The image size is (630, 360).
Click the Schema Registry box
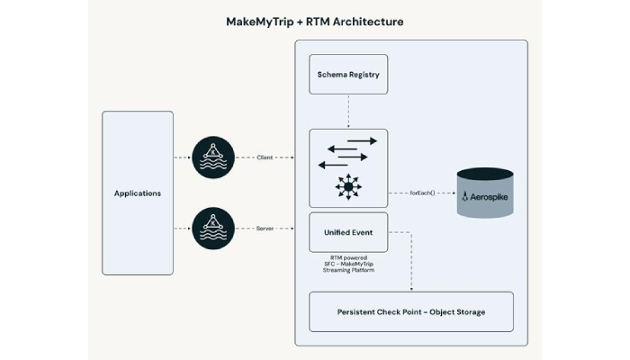[348, 74]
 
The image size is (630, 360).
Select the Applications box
[137, 193]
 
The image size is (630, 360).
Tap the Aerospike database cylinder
[485, 192]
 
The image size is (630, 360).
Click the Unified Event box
[348, 231]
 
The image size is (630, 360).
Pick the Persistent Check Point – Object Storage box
[411, 310]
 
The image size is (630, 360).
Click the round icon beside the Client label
[212, 158]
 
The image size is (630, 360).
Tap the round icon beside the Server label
[212, 229]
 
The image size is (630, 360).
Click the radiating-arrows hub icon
[347, 186]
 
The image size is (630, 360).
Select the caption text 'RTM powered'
[347, 256]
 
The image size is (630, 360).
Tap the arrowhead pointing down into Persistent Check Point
[411, 288]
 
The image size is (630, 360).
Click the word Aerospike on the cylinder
[491, 196]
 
